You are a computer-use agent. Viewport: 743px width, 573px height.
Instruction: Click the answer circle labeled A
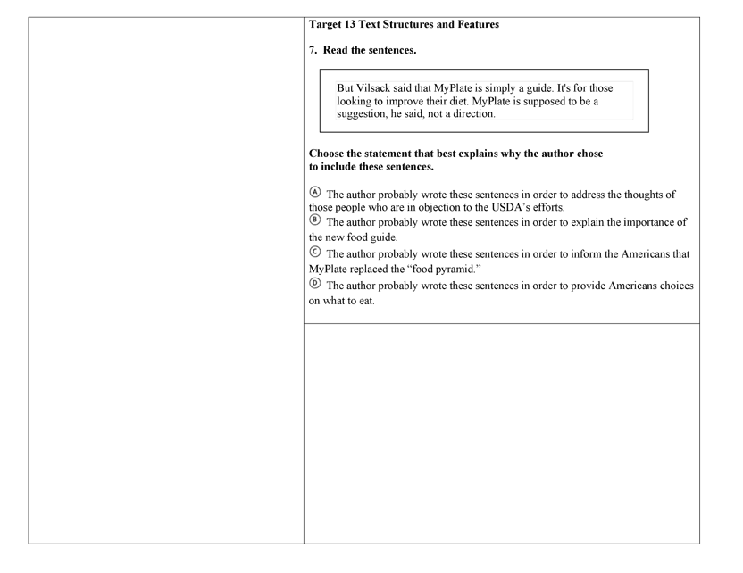coord(314,193)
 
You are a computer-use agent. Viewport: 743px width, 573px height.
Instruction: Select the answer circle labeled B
coord(314,220)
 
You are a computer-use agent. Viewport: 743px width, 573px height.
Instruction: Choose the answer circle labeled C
coord(314,253)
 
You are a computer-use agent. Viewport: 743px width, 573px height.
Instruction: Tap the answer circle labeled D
coord(314,284)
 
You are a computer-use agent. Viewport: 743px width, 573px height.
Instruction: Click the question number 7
coord(313,50)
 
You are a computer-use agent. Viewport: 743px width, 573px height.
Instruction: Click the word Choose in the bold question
coord(327,154)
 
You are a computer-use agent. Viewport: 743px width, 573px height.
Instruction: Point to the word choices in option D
coord(672,286)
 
